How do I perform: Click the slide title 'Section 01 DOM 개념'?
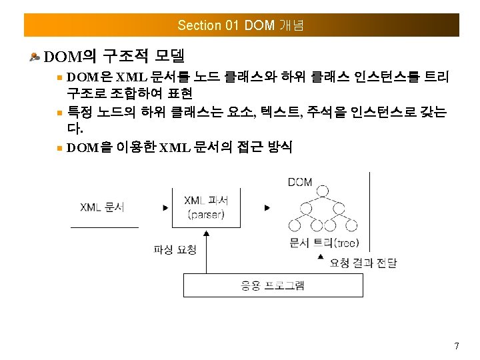click(x=241, y=25)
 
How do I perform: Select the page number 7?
click(x=456, y=346)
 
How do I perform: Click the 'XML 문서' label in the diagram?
click(x=102, y=207)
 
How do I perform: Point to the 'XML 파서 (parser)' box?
click(x=206, y=207)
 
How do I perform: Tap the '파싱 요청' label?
click(x=175, y=249)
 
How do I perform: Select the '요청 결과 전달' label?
click(x=363, y=263)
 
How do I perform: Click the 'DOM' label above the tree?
click(x=300, y=181)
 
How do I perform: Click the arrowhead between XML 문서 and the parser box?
click(x=165, y=207)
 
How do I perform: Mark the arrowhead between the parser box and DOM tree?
click(x=267, y=207)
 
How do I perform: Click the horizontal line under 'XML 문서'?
click(x=104, y=228)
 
